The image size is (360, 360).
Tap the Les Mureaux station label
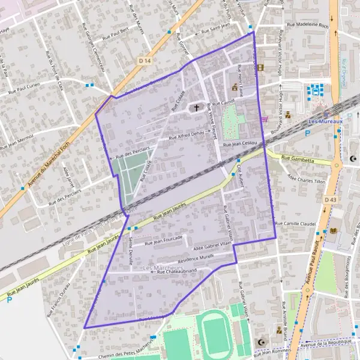[325, 120]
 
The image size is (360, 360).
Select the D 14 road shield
[143, 61]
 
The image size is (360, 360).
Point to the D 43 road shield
[331, 199]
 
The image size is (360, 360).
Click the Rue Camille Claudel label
[295, 223]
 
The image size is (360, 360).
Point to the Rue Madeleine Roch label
[308, 26]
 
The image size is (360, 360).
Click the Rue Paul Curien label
[26, 91]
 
